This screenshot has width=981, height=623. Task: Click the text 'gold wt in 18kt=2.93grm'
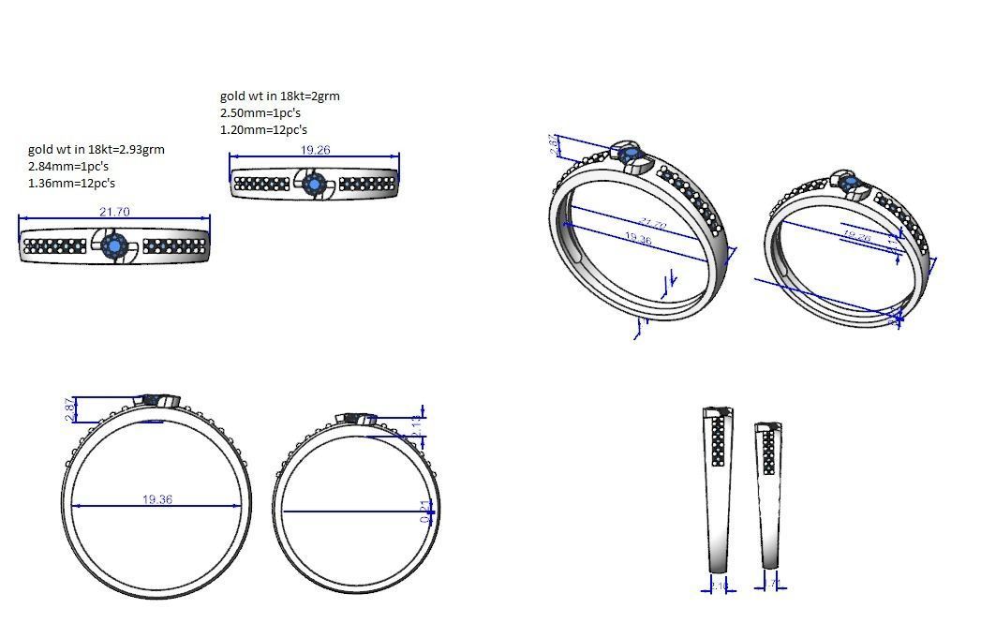[x=96, y=149]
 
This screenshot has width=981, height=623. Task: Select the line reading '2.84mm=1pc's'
[x=68, y=166]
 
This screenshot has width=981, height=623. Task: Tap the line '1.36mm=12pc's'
[x=72, y=183]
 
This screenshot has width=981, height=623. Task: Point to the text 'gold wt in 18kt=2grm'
[x=279, y=96]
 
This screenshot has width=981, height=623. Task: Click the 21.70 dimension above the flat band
[x=114, y=213]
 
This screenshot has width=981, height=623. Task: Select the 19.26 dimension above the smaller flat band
[x=315, y=150]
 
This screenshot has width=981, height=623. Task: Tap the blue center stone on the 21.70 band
[x=114, y=246]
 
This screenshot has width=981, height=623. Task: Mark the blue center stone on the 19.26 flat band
[x=314, y=185]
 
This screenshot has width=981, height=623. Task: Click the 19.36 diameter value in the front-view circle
[x=157, y=499]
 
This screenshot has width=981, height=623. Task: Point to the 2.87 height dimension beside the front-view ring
[x=67, y=409]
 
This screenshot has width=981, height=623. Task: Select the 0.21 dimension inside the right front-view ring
[x=425, y=511]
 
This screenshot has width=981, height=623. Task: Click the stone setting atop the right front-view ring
[x=358, y=418]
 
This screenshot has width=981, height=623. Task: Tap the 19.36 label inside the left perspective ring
[x=636, y=240]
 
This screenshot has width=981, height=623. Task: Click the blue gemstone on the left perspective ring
[x=630, y=153]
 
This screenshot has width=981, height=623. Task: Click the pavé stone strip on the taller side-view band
[x=719, y=440]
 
